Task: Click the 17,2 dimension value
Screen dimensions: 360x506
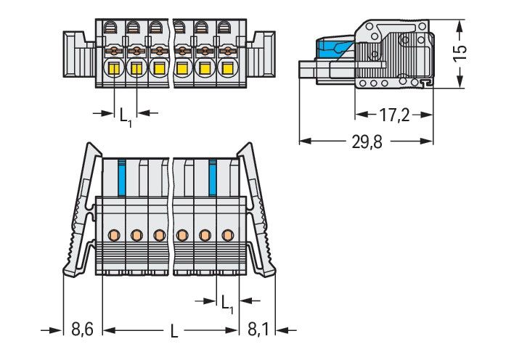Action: pyautogui.click(x=394, y=115)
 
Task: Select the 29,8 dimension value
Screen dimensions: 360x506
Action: pyautogui.click(x=367, y=142)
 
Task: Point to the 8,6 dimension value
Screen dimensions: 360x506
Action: pyautogui.click(x=81, y=331)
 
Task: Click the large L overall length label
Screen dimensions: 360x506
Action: pyautogui.click(x=174, y=332)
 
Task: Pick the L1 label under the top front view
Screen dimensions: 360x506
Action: pyautogui.click(x=126, y=114)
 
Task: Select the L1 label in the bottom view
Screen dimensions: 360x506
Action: pyautogui.click(x=227, y=301)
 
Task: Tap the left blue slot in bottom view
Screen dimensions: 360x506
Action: pyautogui.click(x=122, y=176)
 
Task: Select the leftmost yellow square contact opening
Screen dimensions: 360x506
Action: pyautogui.click(x=114, y=70)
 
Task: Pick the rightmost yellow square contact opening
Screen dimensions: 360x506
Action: pyautogui.click(x=227, y=70)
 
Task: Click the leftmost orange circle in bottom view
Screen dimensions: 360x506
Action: pyautogui.click(x=114, y=234)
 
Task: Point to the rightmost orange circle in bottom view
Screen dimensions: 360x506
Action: pyautogui.click(x=228, y=234)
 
